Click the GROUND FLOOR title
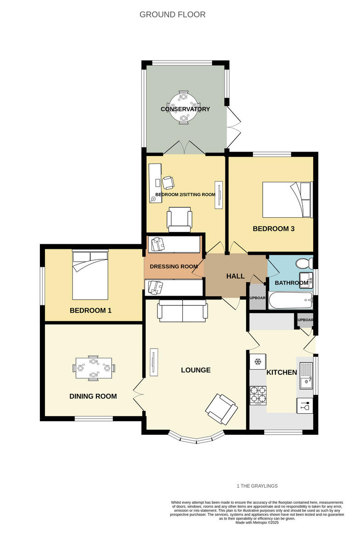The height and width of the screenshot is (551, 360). pos(172,15)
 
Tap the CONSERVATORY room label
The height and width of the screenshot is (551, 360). pos(185,109)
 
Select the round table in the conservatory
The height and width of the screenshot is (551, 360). pos(184,107)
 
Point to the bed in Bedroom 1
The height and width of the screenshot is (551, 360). pos(90,275)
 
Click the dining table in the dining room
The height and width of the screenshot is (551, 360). pos(94,368)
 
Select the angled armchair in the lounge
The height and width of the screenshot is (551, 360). pos(222,409)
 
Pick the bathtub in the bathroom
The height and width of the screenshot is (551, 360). pos(290,301)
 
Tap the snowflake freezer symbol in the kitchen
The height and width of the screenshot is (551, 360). pos(258,362)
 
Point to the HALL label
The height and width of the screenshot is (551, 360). pos(236,276)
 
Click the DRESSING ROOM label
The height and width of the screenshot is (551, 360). pos(174,266)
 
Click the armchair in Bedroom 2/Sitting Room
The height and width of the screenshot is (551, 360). pos(180,219)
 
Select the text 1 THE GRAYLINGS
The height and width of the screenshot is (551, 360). pos(257,486)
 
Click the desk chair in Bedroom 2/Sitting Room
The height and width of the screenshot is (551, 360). pos(169,182)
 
